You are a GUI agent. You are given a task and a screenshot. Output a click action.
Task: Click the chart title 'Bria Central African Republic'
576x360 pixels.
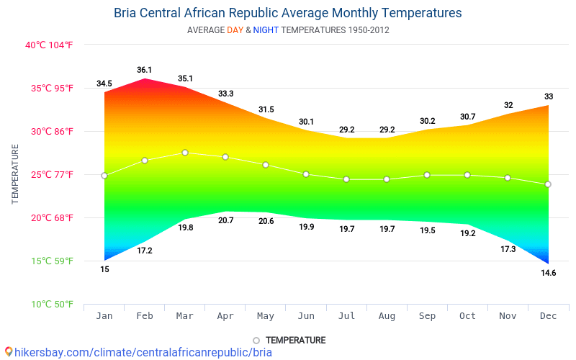(287, 13)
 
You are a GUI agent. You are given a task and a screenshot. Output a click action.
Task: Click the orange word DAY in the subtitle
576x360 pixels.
(235, 30)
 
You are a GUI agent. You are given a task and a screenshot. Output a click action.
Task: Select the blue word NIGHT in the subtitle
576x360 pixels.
(266, 30)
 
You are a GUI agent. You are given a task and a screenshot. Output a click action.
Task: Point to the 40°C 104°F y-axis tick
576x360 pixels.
(49, 45)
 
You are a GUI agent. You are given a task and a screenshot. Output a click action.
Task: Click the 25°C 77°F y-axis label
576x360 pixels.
(49, 174)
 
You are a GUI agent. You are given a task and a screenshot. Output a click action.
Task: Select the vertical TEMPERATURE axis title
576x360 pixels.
(15, 174)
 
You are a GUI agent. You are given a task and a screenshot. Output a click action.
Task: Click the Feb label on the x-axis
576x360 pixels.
(145, 315)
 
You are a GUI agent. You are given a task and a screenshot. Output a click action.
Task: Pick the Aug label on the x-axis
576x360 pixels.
(387, 315)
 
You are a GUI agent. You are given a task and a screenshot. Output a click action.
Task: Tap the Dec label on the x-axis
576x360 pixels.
(548, 315)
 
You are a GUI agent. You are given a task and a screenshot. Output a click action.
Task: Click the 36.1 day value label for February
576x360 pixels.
(145, 70)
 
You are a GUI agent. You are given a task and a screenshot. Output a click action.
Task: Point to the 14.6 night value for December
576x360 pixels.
(548, 273)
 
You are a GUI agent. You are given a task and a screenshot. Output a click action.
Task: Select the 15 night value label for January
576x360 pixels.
(104, 269)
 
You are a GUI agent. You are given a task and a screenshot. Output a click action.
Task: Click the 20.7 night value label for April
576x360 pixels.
(225, 220)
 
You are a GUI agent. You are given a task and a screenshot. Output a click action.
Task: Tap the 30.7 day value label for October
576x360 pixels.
(467, 117)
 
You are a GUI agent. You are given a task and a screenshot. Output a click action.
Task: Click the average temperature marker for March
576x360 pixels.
(185, 153)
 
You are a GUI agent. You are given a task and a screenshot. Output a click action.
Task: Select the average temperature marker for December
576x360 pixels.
(548, 184)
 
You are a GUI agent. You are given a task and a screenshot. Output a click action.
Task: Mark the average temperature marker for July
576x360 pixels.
(346, 179)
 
